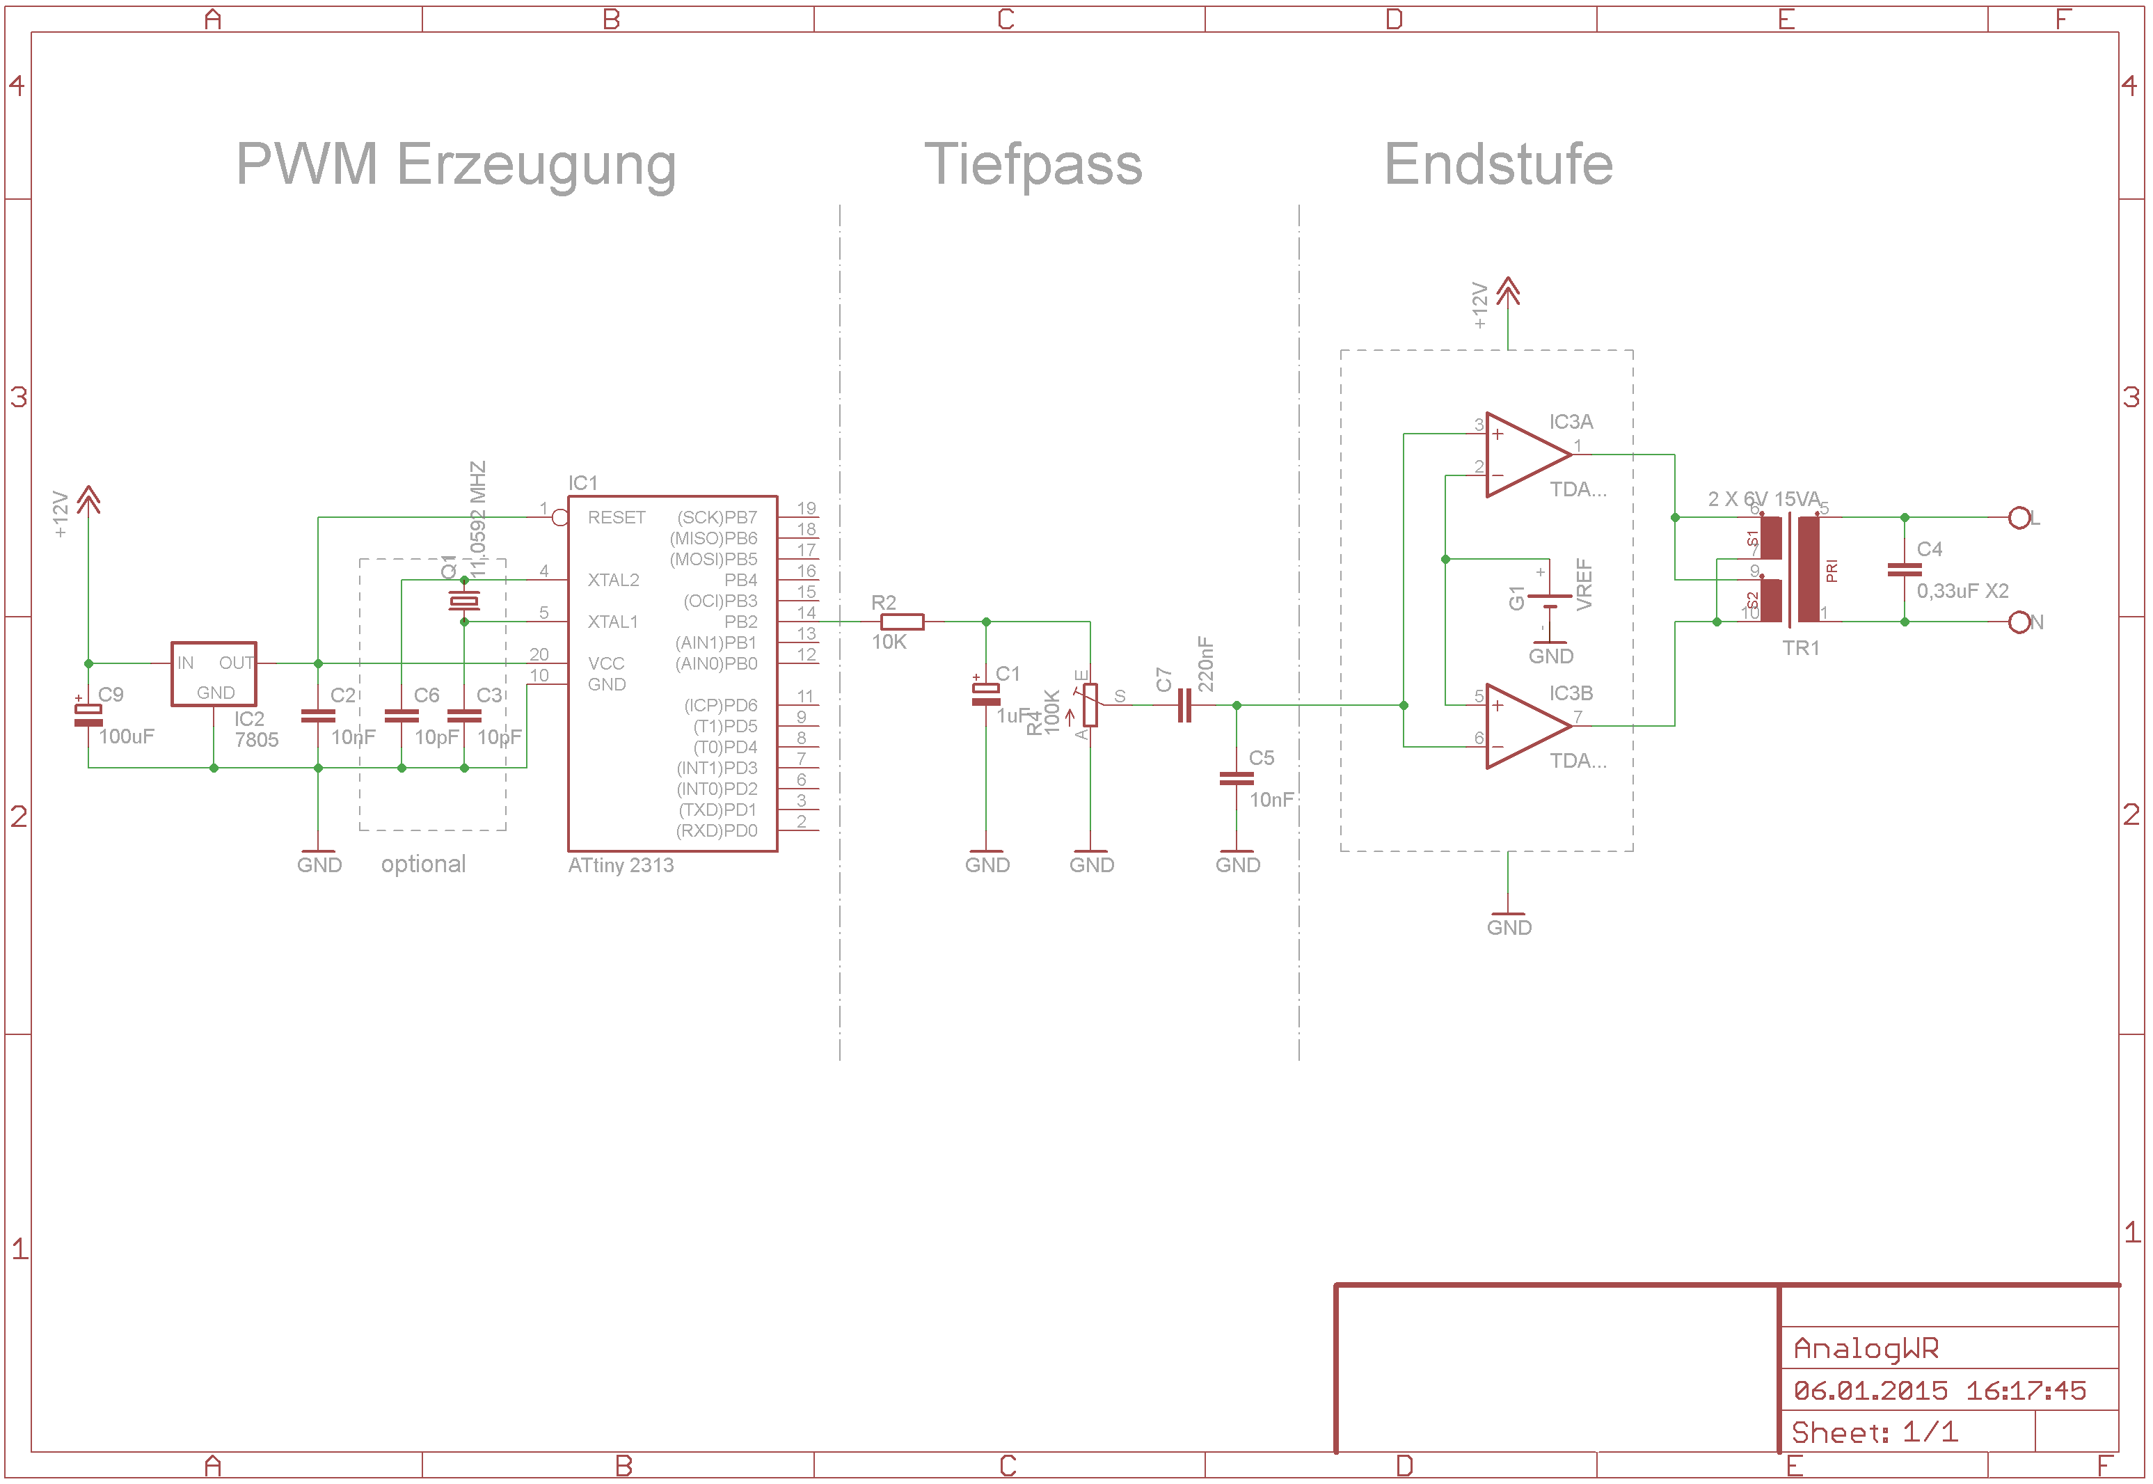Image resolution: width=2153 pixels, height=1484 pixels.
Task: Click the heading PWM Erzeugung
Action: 456,164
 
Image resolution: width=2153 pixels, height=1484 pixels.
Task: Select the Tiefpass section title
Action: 1033,164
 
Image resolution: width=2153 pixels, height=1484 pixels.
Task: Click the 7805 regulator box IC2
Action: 214,673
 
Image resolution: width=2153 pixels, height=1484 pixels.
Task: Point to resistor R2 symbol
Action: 901,622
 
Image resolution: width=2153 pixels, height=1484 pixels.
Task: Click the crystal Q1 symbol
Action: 464,601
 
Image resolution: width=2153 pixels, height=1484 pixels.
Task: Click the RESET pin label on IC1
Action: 617,518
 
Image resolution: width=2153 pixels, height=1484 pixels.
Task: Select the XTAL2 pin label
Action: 614,581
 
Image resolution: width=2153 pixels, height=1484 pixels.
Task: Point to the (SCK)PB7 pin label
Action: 717,518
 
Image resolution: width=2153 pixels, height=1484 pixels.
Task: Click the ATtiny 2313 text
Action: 621,866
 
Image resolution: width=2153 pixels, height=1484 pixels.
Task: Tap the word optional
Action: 423,865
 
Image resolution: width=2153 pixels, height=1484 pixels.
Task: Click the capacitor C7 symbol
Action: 1184,706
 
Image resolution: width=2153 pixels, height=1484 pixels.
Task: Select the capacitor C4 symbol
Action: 1904,570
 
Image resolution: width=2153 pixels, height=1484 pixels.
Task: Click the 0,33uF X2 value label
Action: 1962,592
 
